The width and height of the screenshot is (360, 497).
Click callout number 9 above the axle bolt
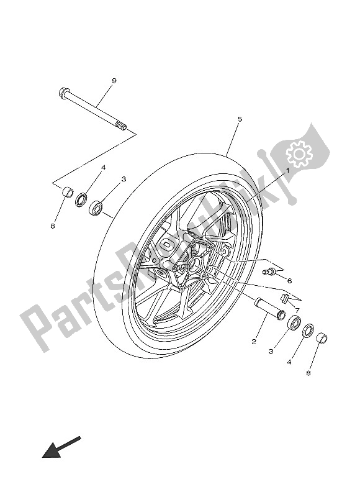point(114,81)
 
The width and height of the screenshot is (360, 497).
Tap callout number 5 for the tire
point(240,119)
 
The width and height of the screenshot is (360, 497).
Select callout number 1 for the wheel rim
point(288,169)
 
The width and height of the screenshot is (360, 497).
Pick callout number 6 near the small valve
point(289,280)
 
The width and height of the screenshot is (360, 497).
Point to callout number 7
point(297,309)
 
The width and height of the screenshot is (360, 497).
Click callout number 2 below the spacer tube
point(254,341)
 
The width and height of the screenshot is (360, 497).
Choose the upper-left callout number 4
point(104,167)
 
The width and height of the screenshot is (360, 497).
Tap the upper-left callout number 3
point(124,179)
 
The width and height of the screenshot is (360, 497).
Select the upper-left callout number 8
point(53,226)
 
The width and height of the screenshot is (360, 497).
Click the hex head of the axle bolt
point(63,93)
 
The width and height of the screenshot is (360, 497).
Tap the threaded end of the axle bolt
point(122,127)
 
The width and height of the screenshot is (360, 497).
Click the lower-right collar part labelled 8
point(323,339)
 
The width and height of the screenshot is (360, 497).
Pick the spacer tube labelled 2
point(268,309)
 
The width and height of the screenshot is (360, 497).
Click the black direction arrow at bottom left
point(60,447)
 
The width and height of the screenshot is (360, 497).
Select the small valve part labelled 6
point(269,271)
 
